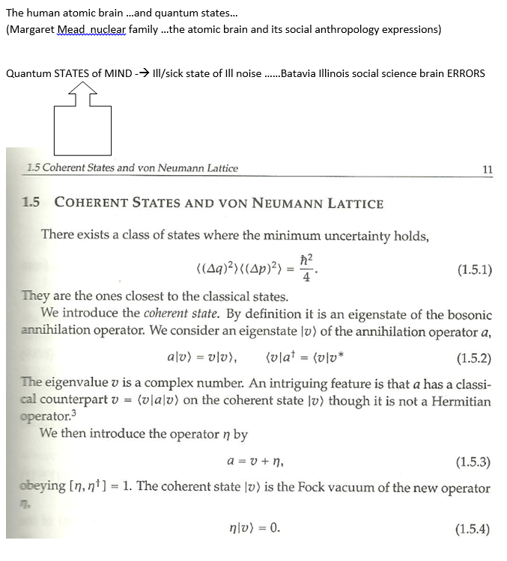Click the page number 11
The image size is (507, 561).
coord(488,169)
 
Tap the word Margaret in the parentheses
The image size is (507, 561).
coord(31,29)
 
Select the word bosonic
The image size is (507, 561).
coord(467,315)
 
